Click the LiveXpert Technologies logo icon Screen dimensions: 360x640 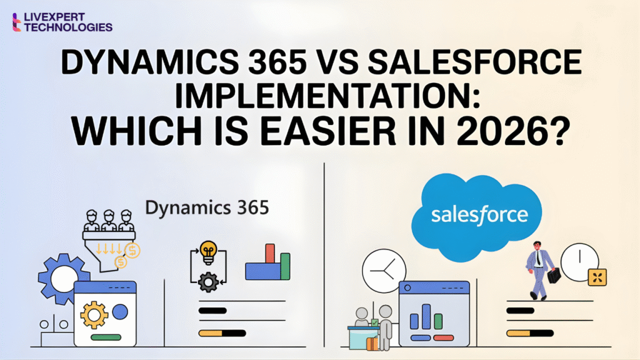[17, 22]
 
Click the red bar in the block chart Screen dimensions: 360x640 [270, 253]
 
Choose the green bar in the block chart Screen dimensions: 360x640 [285, 266]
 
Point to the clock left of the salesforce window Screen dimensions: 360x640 [380, 269]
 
